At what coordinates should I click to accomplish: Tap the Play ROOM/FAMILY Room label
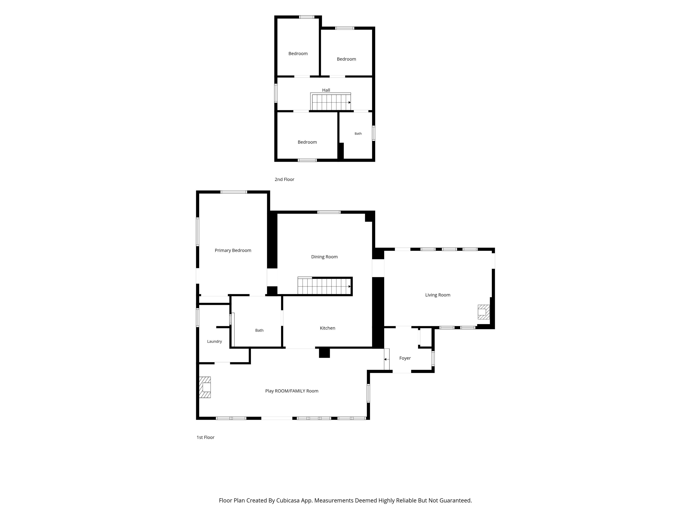(292, 391)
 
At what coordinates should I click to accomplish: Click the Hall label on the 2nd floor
(326, 90)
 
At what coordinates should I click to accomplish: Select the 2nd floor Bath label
(358, 134)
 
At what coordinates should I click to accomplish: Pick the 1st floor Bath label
(259, 330)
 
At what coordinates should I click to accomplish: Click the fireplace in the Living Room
(484, 312)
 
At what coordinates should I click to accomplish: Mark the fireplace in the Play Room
(205, 387)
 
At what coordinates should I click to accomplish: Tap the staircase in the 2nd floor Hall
(331, 102)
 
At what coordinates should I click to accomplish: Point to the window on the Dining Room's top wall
(329, 212)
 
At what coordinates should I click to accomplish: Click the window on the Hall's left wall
(276, 93)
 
